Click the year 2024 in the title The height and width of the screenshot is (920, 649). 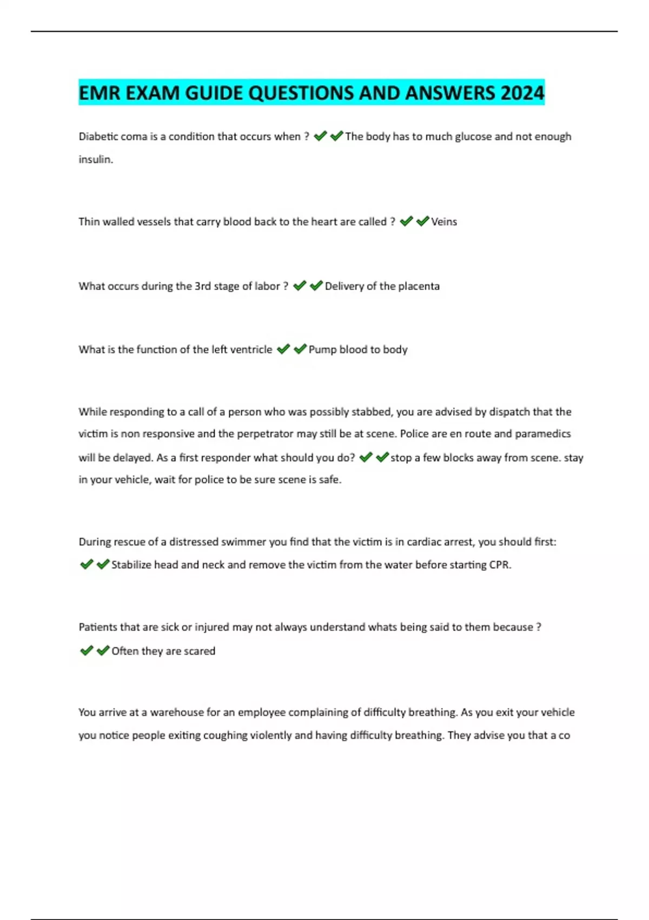[x=522, y=93]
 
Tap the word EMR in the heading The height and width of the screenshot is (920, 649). [x=100, y=93]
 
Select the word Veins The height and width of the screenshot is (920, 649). [x=444, y=221]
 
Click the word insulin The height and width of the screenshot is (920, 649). [x=95, y=160]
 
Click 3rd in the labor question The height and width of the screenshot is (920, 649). [x=202, y=286]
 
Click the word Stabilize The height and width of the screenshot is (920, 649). [x=131, y=565]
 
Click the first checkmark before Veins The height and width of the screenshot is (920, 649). [x=406, y=221]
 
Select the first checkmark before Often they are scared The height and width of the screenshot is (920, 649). [x=87, y=650]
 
